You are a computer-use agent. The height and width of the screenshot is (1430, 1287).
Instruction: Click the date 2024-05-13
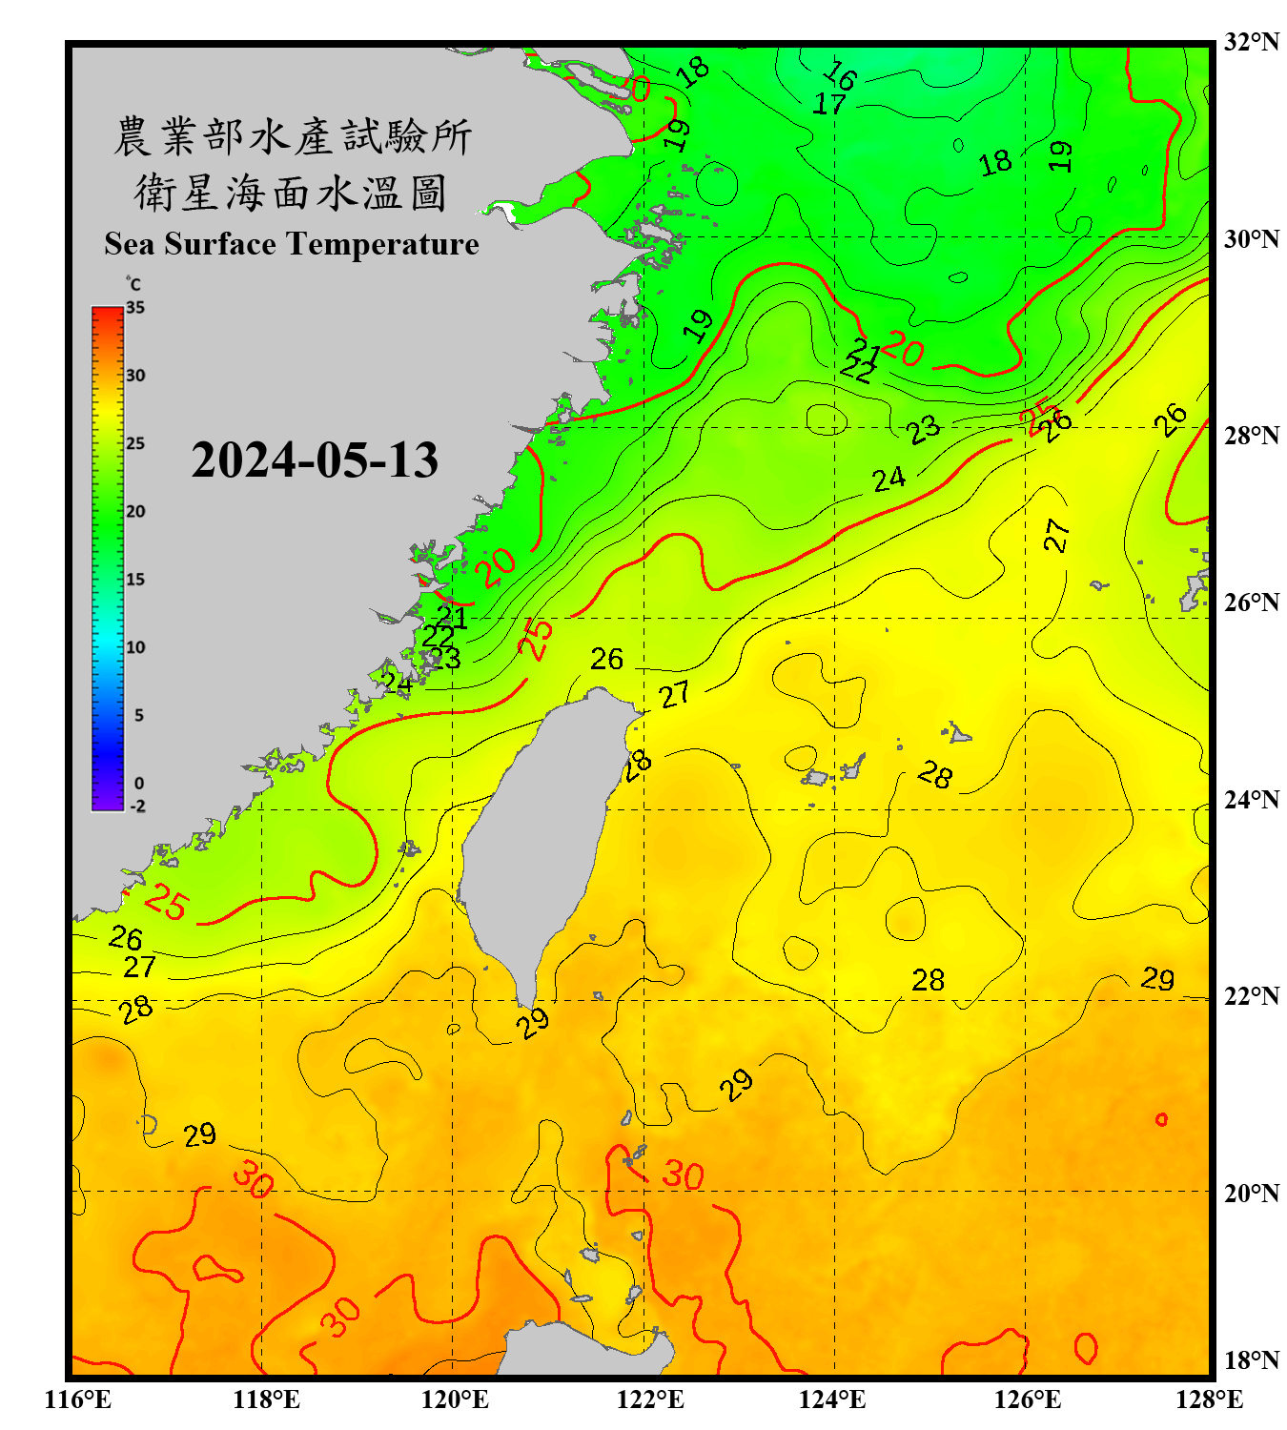(315, 460)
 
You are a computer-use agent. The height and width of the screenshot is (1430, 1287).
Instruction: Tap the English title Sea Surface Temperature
(291, 244)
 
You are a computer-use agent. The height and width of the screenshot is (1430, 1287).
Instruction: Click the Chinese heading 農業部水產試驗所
(292, 136)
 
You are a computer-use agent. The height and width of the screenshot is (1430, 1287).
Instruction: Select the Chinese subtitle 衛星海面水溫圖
(291, 193)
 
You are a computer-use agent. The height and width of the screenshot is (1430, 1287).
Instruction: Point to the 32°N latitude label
(1251, 42)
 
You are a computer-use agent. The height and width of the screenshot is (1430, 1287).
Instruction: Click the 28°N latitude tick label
(1251, 435)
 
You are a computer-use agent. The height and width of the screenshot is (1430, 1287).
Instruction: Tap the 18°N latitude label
(1251, 1359)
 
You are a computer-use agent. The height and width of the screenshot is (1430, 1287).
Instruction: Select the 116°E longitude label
(78, 1399)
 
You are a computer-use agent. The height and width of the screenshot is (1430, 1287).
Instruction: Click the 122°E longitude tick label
(650, 1399)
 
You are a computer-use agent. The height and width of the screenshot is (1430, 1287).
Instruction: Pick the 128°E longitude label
(1209, 1399)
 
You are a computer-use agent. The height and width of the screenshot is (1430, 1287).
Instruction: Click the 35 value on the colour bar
(135, 307)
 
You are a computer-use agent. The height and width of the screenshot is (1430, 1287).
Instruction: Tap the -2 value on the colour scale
(137, 806)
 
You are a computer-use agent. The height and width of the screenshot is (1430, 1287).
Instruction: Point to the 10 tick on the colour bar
(135, 647)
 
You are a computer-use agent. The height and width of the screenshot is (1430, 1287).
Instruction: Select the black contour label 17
(828, 103)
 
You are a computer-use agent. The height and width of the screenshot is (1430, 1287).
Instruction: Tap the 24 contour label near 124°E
(889, 479)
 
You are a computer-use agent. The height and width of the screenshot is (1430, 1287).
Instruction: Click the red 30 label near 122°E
(683, 1175)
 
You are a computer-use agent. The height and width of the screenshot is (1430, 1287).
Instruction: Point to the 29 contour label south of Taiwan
(533, 1022)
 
